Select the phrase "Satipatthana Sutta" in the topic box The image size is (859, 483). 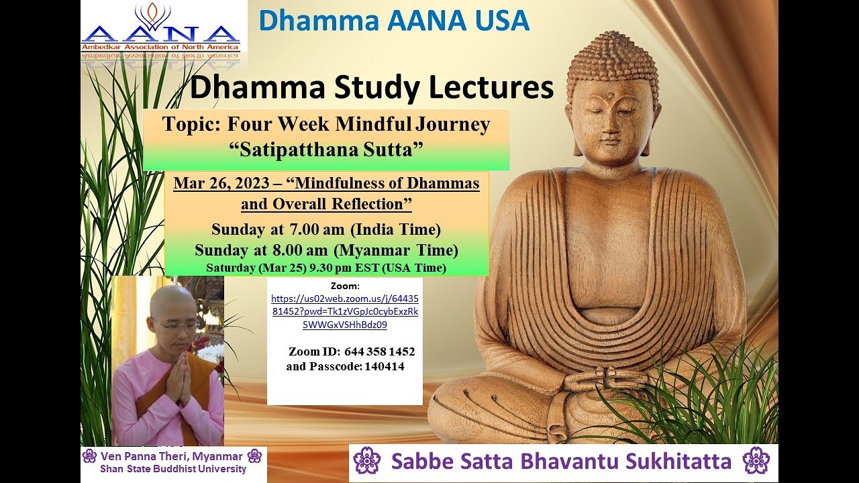point(326,149)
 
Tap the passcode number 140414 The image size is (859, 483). point(385,366)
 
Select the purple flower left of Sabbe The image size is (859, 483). point(366,461)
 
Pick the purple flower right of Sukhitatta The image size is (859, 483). point(756,461)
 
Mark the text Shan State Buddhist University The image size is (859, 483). point(173,469)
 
